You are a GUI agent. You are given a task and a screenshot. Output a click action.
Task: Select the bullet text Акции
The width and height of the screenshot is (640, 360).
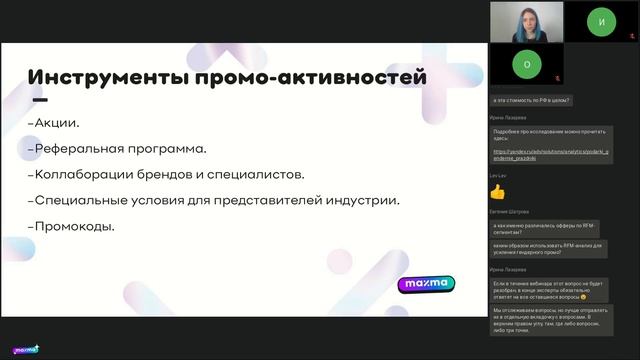57,123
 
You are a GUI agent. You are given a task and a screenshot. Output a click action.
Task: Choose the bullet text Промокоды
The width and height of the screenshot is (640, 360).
74,226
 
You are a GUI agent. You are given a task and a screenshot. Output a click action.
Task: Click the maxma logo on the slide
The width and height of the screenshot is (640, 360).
426,284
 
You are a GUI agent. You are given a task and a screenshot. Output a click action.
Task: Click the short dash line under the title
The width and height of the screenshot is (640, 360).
40,101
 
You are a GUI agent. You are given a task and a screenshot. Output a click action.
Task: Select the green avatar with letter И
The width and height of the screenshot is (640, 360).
601,20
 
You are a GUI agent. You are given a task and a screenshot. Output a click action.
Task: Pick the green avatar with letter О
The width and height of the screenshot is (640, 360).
526,62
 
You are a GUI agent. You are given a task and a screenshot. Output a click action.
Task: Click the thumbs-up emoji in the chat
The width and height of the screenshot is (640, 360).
497,191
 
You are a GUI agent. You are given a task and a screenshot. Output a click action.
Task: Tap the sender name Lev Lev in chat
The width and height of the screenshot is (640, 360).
497,175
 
